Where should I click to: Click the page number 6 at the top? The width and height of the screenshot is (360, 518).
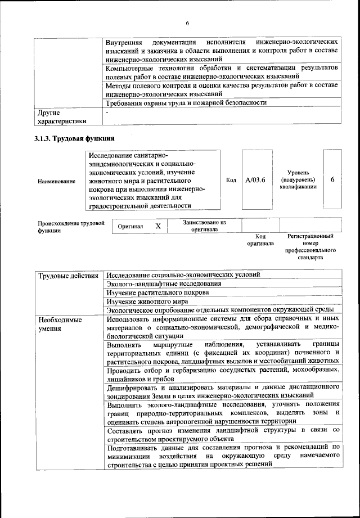pyautogui.click(x=187, y=22)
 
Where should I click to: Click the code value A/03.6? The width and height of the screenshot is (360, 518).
pyautogui.click(x=255, y=180)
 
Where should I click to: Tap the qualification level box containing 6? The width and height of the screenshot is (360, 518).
pyautogui.click(x=332, y=179)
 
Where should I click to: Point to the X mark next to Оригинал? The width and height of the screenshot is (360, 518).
pyautogui.click(x=158, y=226)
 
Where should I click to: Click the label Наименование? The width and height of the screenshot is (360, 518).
pyautogui.click(x=56, y=182)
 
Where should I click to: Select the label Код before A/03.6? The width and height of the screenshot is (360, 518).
pyautogui.click(x=231, y=180)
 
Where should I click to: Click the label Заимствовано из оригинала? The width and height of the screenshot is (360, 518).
pyautogui.click(x=204, y=226)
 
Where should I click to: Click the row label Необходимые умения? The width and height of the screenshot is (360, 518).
pyautogui.click(x=60, y=323)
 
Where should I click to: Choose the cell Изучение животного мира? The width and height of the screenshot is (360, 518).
pyautogui.click(x=147, y=301)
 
